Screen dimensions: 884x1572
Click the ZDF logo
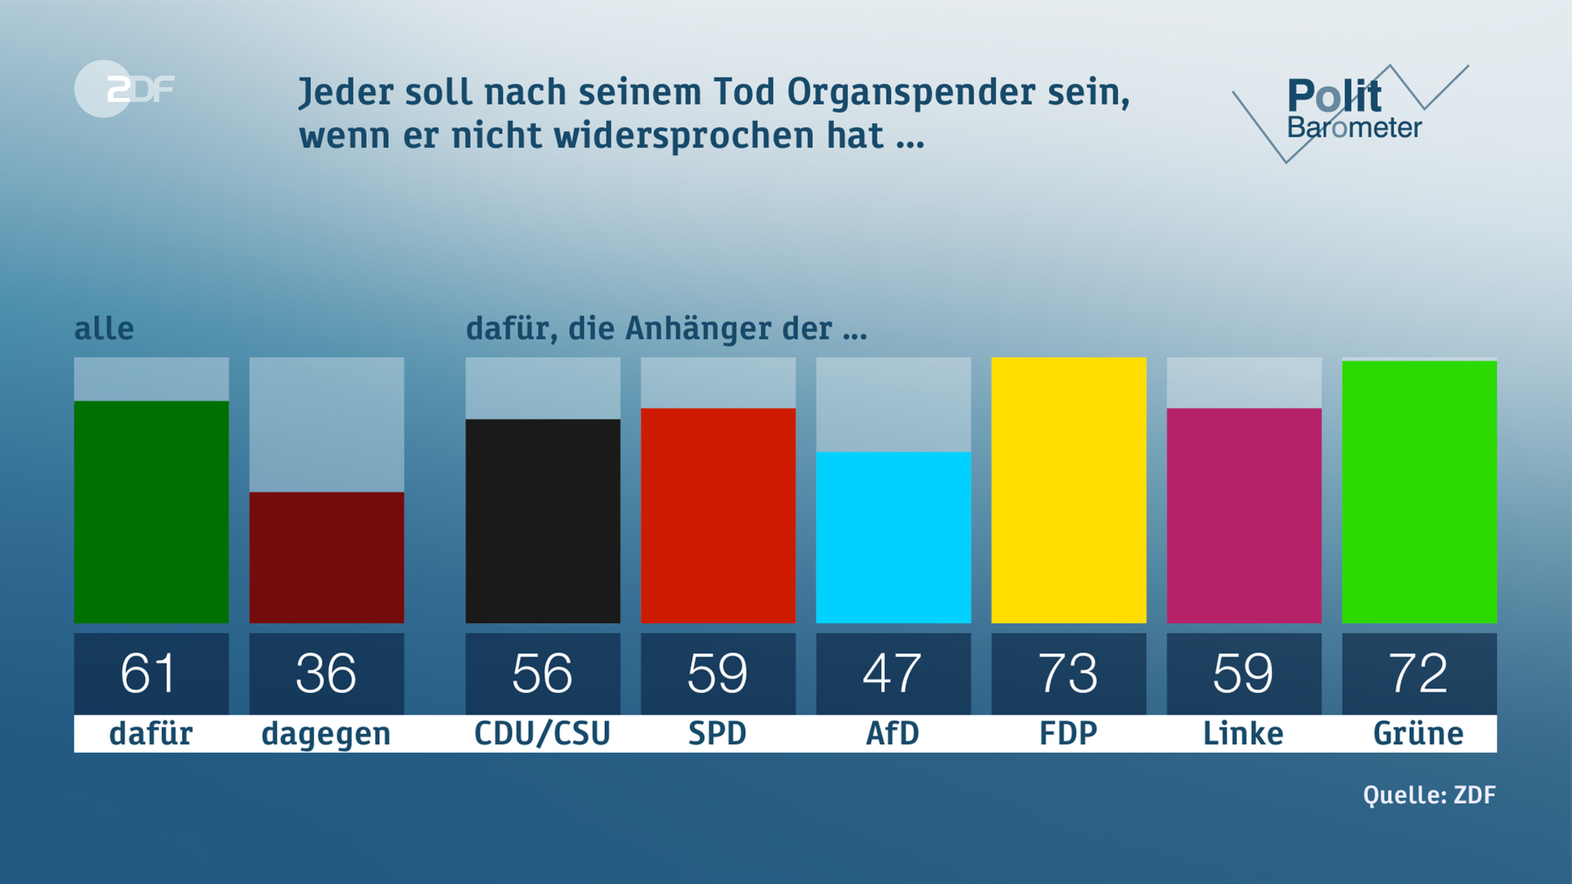(x=124, y=88)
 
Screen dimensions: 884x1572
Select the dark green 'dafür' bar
(x=151, y=512)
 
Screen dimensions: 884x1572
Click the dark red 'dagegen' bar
(x=327, y=557)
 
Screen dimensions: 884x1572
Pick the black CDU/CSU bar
(x=543, y=521)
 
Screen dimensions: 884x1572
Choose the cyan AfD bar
(x=893, y=538)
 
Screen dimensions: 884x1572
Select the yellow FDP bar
(x=1068, y=490)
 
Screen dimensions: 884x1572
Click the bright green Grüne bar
(x=1419, y=492)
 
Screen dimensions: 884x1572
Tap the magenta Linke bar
(x=1244, y=516)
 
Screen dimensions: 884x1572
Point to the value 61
(x=148, y=674)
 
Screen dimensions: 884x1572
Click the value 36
(x=326, y=674)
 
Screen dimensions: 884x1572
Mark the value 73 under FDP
(x=1068, y=674)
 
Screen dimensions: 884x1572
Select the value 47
(x=892, y=674)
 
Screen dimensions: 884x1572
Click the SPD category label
(x=717, y=733)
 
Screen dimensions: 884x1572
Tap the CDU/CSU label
(x=542, y=733)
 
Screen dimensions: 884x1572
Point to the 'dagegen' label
(x=326, y=734)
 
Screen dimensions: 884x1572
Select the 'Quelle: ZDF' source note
(x=1429, y=795)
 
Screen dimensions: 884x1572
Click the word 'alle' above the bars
(x=104, y=328)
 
